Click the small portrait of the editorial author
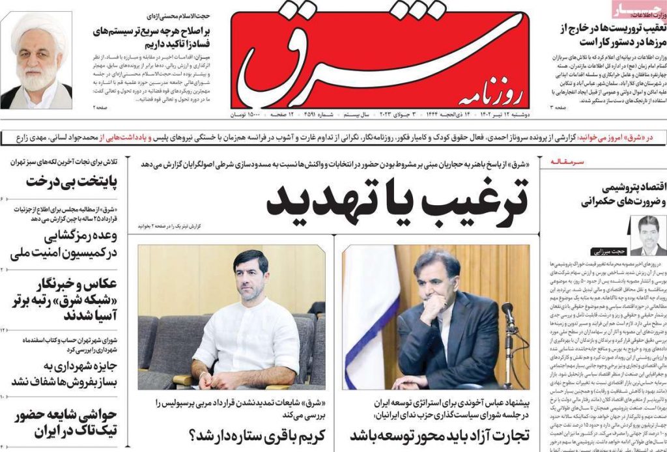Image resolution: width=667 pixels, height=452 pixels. [648, 234]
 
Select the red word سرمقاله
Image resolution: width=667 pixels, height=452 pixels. [569, 161]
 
